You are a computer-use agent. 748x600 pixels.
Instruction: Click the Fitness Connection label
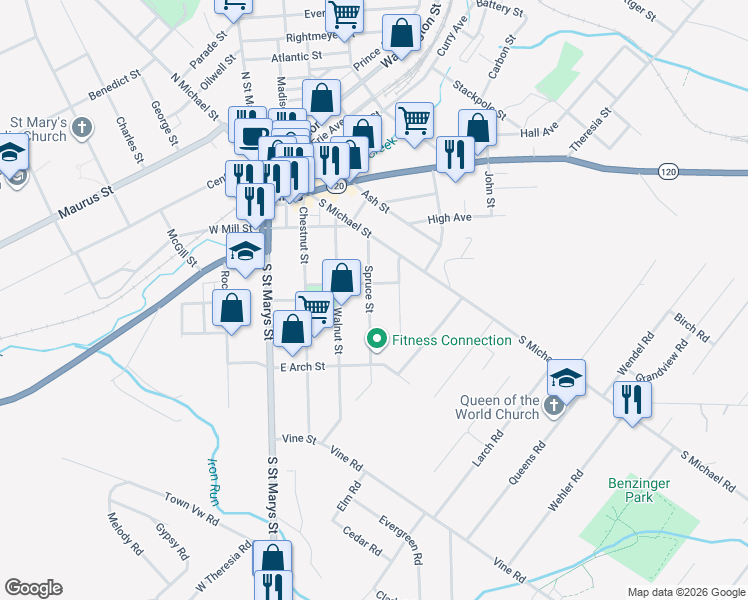pos(451,341)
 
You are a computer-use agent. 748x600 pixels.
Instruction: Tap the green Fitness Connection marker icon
pos(377,341)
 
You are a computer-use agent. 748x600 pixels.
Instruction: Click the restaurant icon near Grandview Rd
pos(632,399)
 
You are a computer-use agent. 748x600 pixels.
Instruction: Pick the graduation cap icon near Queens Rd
pos(566,377)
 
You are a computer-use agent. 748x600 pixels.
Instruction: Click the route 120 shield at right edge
pos(670,173)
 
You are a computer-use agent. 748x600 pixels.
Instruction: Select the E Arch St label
pos(303,367)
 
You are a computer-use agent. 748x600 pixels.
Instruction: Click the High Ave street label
pos(448,218)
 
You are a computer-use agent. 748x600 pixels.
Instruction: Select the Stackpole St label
pos(475,98)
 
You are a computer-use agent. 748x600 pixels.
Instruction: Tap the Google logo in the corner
pos(33,588)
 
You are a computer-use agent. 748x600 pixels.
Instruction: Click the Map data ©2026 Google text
pos(685,592)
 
